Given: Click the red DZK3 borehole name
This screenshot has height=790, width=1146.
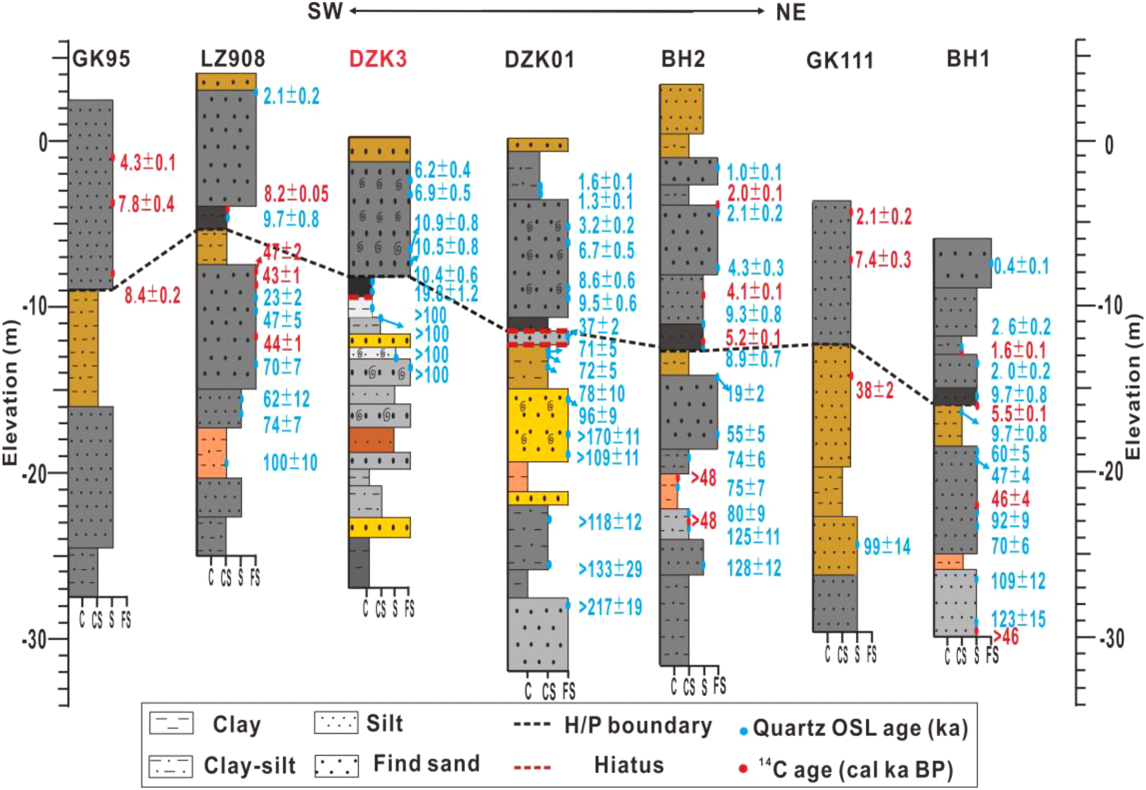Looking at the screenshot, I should (378, 59).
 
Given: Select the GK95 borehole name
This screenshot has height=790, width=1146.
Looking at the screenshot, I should (101, 59).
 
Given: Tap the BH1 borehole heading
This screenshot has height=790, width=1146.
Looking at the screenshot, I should (968, 59).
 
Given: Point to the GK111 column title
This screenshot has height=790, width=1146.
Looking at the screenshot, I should (840, 61).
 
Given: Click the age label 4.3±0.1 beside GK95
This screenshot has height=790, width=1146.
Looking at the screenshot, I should (147, 163).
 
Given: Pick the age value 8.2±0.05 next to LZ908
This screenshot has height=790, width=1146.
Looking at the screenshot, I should (296, 194).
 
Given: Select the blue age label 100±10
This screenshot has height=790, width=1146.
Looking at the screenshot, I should (290, 463).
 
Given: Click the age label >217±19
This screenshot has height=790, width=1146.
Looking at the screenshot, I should (610, 607).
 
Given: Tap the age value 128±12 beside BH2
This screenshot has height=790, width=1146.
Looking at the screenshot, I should (754, 568).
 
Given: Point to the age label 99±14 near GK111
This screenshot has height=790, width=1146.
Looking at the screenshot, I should (887, 547).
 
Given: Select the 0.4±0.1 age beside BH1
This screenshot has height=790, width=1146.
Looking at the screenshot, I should (1021, 266).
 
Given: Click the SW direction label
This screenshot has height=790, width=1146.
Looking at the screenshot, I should (324, 11).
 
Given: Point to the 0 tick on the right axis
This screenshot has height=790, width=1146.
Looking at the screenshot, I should (1110, 145).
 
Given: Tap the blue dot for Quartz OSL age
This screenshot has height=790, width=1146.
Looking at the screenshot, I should (743, 730).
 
